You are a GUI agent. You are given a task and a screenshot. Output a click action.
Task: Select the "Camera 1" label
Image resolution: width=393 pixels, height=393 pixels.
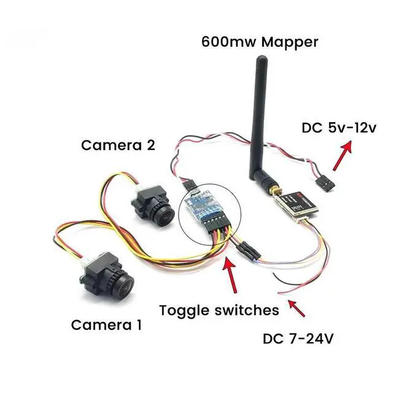click(x=107, y=324)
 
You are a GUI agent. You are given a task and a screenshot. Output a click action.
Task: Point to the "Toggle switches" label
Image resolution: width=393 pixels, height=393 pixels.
click(x=219, y=309)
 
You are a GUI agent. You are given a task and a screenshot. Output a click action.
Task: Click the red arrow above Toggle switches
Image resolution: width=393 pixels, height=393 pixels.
click(x=232, y=274)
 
